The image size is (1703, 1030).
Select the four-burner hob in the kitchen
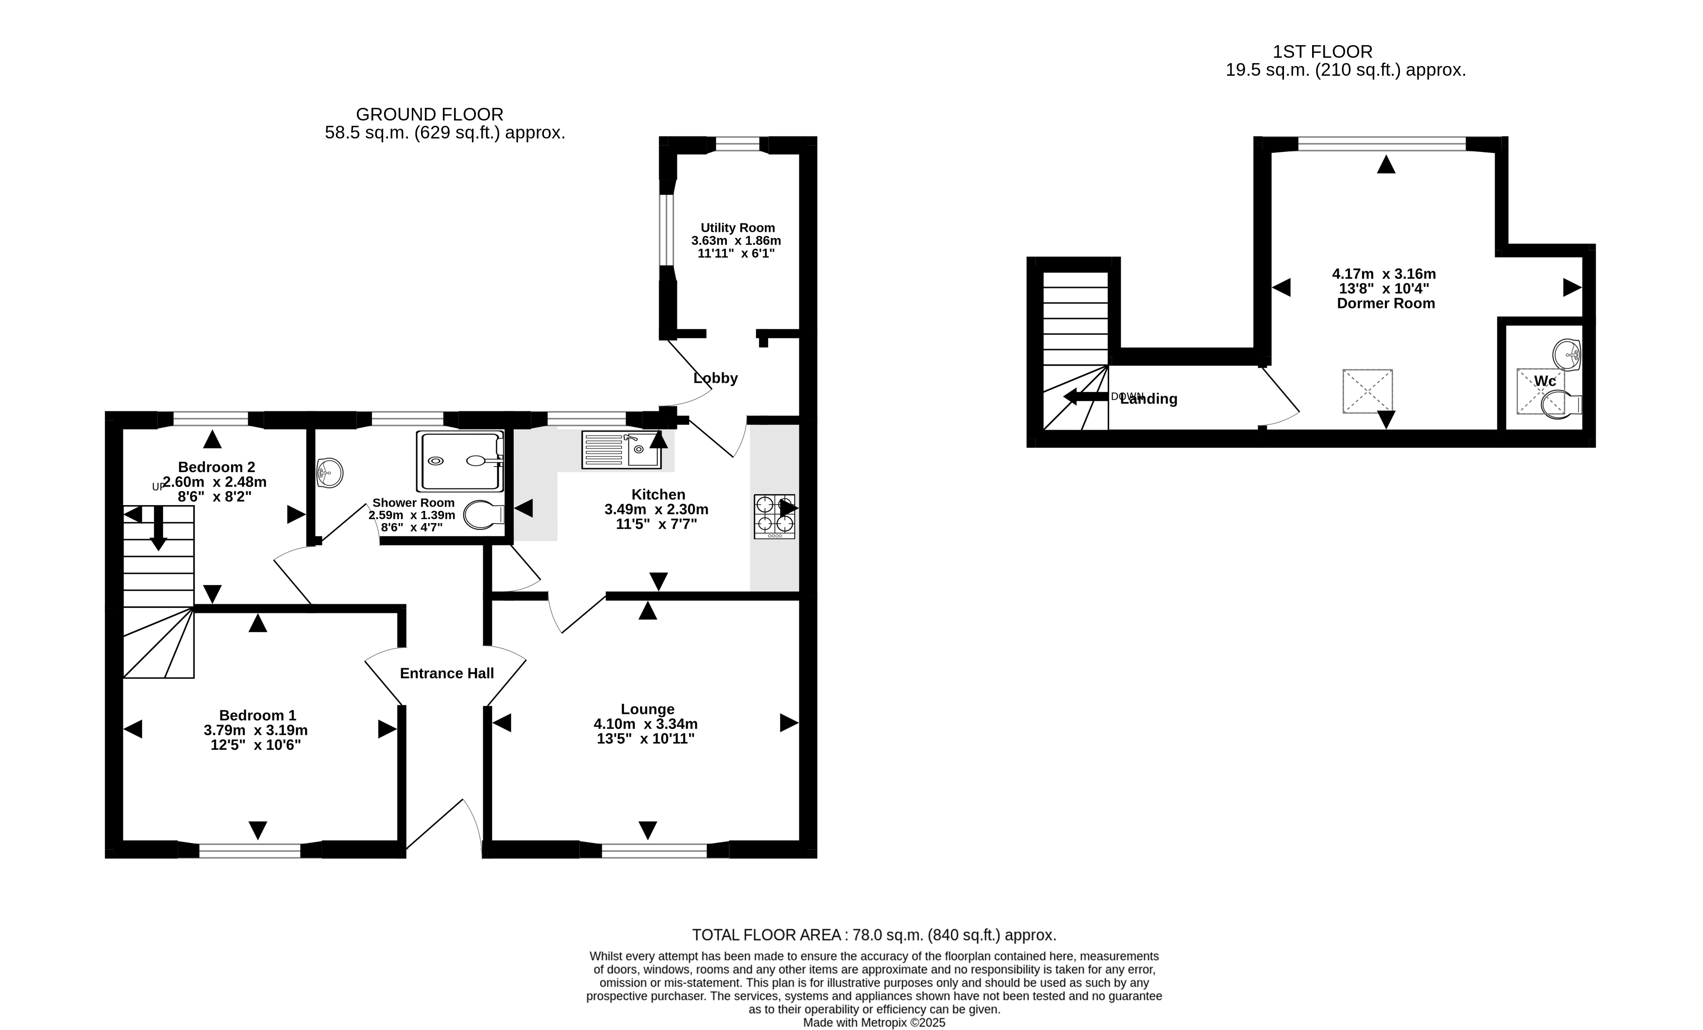[x=774, y=516]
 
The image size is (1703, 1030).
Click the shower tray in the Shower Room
[x=459, y=461]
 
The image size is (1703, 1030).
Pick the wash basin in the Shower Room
[x=330, y=473]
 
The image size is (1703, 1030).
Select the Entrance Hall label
[x=446, y=673]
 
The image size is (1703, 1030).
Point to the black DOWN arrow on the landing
[x=1086, y=397]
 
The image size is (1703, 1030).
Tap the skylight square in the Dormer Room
[x=1367, y=391]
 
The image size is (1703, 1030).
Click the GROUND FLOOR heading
[x=429, y=115]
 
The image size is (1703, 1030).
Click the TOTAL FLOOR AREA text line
[x=874, y=935]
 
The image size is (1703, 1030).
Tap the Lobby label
[x=715, y=378]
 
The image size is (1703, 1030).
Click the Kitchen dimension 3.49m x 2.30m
[x=657, y=509]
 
